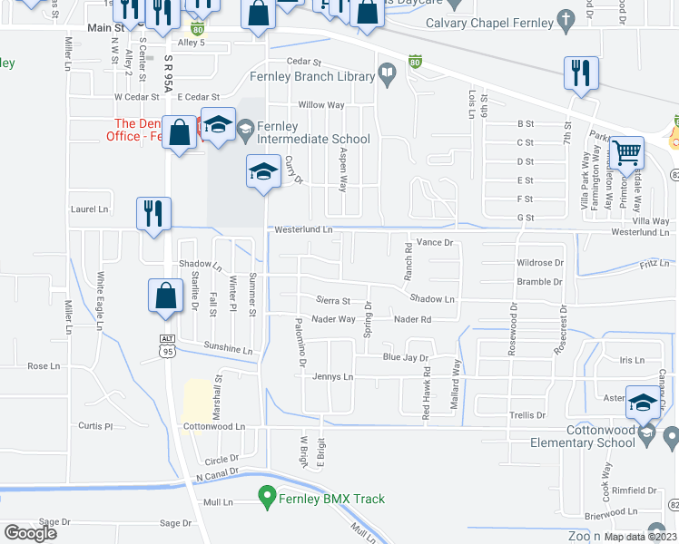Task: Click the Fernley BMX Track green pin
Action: pyautogui.click(x=267, y=497)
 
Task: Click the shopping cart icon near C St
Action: pyautogui.click(x=626, y=154)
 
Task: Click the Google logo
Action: pyautogui.click(x=30, y=533)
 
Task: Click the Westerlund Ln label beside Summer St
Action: pyautogui.click(x=303, y=230)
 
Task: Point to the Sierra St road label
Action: pyautogui.click(x=332, y=300)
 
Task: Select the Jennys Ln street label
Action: pyautogui.click(x=331, y=376)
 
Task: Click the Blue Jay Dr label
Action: pyautogui.click(x=404, y=358)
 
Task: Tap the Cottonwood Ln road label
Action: pyautogui.click(x=214, y=426)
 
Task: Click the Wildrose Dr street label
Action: pyautogui.click(x=540, y=263)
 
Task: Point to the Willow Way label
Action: pyautogui.click(x=321, y=105)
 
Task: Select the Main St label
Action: pyautogui.click(x=105, y=28)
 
